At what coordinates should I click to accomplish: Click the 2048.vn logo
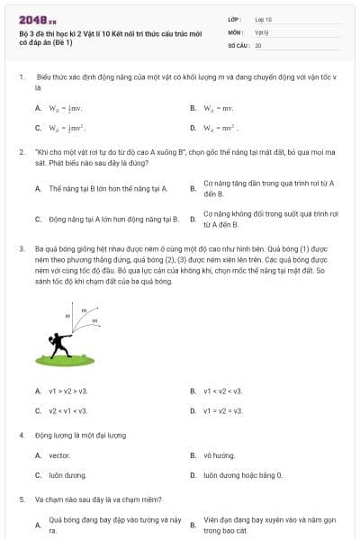coord(33,20)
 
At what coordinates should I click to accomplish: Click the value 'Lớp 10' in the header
coord(264,19)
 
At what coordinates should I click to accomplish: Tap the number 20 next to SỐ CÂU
coord(258,44)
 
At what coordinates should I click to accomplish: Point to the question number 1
coord(21,78)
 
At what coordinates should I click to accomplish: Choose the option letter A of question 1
coord(39,108)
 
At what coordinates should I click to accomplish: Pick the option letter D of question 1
coord(193,128)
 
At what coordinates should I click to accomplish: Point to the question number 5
coord(21,499)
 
